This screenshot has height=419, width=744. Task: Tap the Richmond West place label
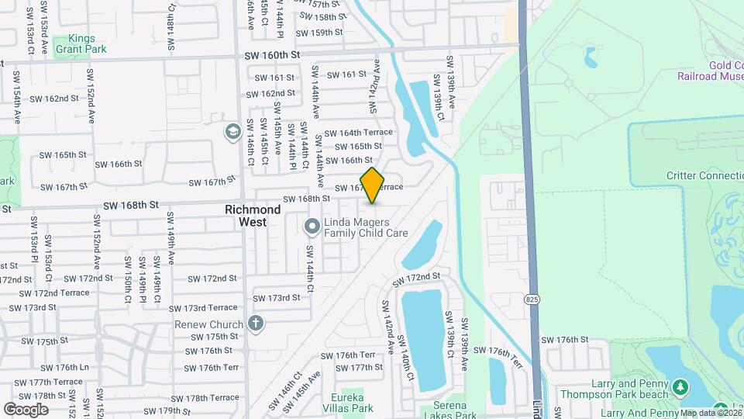pyautogui.click(x=253, y=216)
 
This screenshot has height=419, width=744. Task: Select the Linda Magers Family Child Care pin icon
pyautogui.click(x=312, y=227)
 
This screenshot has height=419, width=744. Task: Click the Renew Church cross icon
pyautogui.click(x=257, y=324)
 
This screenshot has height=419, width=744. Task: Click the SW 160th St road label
pyautogui.click(x=271, y=55)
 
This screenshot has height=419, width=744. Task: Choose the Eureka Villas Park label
pyautogui.click(x=353, y=403)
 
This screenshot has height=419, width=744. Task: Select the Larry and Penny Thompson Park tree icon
pyautogui.click(x=680, y=386)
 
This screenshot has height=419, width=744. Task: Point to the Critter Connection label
pyautogui.click(x=704, y=175)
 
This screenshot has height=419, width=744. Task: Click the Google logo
pyautogui.click(x=26, y=409)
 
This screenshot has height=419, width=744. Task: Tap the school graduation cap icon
pyautogui.click(x=232, y=132)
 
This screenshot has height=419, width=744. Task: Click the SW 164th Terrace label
pyautogui.click(x=358, y=132)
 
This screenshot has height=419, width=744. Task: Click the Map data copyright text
pyautogui.click(x=709, y=413)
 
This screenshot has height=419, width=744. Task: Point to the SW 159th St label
pyautogui.click(x=321, y=32)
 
